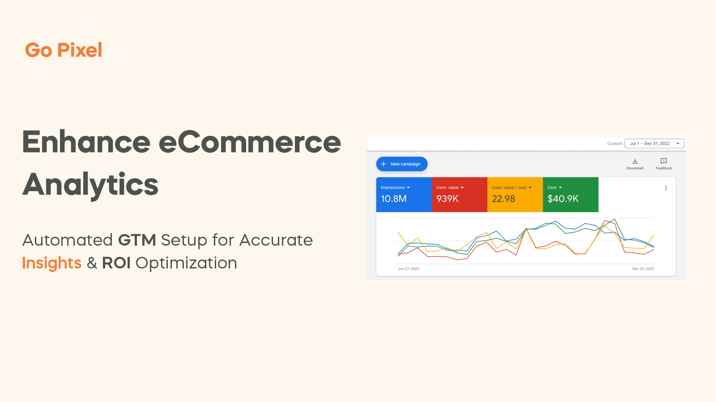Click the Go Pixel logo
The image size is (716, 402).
coord(64,50)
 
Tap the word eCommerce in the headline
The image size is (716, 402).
coord(250,142)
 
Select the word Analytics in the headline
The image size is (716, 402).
coord(90,184)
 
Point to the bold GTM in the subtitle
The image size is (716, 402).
coord(137,240)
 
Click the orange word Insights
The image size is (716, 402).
coord(52,263)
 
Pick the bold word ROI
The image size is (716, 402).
coord(116,263)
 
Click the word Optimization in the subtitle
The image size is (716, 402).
coord(186,263)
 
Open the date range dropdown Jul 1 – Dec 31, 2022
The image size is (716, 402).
coord(654,143)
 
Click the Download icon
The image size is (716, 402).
coord(635,161)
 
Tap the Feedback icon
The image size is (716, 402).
coord(664,161)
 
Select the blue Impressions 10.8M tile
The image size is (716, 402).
coord(404,194)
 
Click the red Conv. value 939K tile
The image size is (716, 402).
coord(459,194)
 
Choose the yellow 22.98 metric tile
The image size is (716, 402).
coord(515,194)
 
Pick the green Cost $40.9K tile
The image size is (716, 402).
coord(570,194)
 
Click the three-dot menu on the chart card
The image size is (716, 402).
coord(666,188)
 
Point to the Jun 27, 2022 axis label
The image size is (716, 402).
coord(409,269)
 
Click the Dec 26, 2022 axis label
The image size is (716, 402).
coord(643,269)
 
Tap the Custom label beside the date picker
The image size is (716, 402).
coord(614,143)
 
